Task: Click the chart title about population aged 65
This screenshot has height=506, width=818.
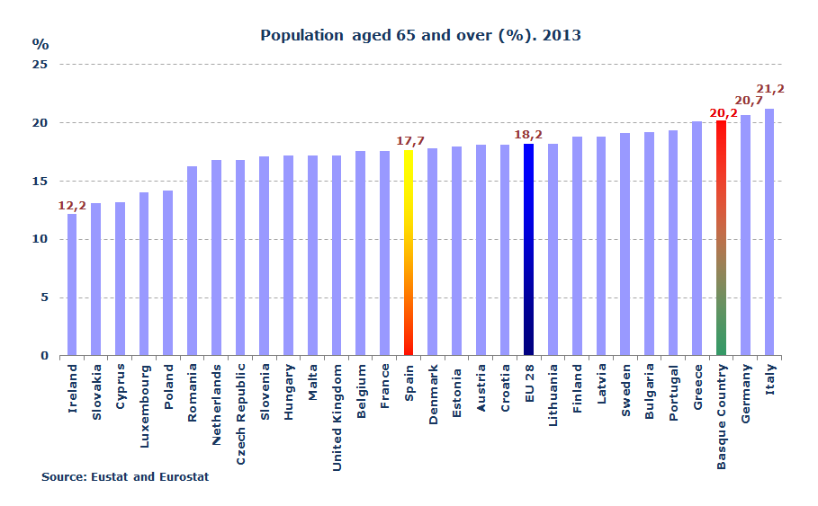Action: tap(420, 36)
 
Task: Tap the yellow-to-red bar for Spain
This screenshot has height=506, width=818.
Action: tap(409, 253)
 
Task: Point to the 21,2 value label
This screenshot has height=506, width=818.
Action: tap(770, 89)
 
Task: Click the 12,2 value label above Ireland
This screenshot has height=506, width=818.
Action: tap(72, 206)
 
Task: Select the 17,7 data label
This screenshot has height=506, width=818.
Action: tap(410, 141)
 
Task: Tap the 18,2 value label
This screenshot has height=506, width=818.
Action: tap(528, 135)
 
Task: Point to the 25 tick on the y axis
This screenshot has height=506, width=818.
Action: tap(40, 65)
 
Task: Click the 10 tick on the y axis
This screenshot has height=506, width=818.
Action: tap(40, 239)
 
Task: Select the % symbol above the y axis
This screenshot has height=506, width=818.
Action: tap(40, 43)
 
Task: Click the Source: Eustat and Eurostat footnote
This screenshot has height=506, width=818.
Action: tap(125, 477)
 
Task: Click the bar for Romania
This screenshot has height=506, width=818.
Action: tap(192, 261)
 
